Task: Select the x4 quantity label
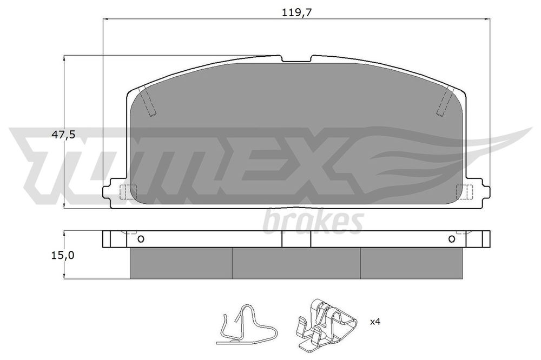click(375, 322)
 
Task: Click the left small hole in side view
click(141, 239)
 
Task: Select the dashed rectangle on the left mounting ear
click(129, 191)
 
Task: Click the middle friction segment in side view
click(296, 264)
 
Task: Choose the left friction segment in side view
click(181, 264)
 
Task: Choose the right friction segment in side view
click(411, 264)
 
